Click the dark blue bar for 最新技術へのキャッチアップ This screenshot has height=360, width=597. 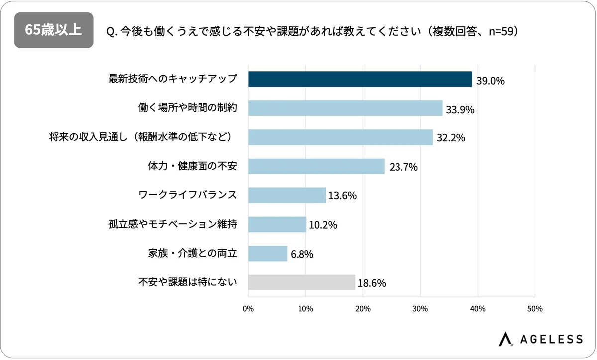pyautogui.click(x=360, y=79)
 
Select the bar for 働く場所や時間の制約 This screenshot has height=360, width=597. pyautogui.click(x=345, y=108)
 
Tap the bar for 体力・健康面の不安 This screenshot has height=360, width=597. pyautogui.click(x=316, y=166)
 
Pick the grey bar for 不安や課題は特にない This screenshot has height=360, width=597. pyautogui.click(x=301, y=282)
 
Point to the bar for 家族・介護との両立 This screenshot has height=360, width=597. pyautogui.click(x=268, y=254)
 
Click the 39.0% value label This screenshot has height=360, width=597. pyautogui.click(x=491, y=80)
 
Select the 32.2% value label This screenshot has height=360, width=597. pyautogui.click(x=451, y=138)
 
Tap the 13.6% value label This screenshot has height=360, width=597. pyautogui.click(x=343, y=196)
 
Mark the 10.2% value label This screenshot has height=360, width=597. pyautogui.click(x=323, y=225)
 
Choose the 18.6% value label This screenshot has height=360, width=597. pyautogui.click(x=372, y=283)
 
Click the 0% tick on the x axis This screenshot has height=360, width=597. pyautogui.click(x=248, y=309)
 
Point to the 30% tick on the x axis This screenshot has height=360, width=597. pyautogui.click(x=420, y=309)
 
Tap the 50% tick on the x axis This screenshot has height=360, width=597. pyautogui.click(x=535, y=309)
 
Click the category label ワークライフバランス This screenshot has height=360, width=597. pyautogui.click(x=187, y=195)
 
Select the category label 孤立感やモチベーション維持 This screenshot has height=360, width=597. pyautogui.click(x=172, y=224)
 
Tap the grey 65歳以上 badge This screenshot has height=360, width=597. pyautogui.click(x=54, y=30)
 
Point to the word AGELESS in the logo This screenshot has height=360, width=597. pyautogui.click(x=551, y=339)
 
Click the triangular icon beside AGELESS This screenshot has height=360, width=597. pyautogui.click(x=506, y=338)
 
